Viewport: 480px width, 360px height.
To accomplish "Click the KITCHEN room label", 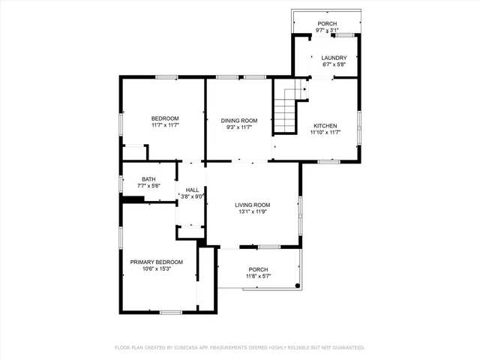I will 325,125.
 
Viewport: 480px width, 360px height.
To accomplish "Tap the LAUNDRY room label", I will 334,58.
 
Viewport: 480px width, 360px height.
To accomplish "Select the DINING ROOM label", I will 238,120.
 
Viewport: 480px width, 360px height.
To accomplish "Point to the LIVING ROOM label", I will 252,205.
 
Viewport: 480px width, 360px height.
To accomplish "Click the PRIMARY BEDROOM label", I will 156,262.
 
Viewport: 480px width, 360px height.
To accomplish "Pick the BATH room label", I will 148,179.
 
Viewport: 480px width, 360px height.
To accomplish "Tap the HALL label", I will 192,190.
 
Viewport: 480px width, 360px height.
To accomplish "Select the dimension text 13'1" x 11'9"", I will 252,212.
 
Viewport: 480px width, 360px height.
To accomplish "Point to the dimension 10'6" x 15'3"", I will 156,269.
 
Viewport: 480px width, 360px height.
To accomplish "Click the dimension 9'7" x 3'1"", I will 327,31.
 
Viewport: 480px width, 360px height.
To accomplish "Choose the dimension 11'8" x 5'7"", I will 258,277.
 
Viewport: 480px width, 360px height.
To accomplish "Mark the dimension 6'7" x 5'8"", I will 334,65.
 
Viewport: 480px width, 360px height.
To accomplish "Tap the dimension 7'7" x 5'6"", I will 148,186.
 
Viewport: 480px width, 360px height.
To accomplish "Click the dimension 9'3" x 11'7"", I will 238,127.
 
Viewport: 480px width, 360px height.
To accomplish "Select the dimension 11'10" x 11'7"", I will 325,133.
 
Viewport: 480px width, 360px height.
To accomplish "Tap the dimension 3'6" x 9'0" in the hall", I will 192,197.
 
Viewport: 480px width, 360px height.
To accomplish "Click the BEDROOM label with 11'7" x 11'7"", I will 165,118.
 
